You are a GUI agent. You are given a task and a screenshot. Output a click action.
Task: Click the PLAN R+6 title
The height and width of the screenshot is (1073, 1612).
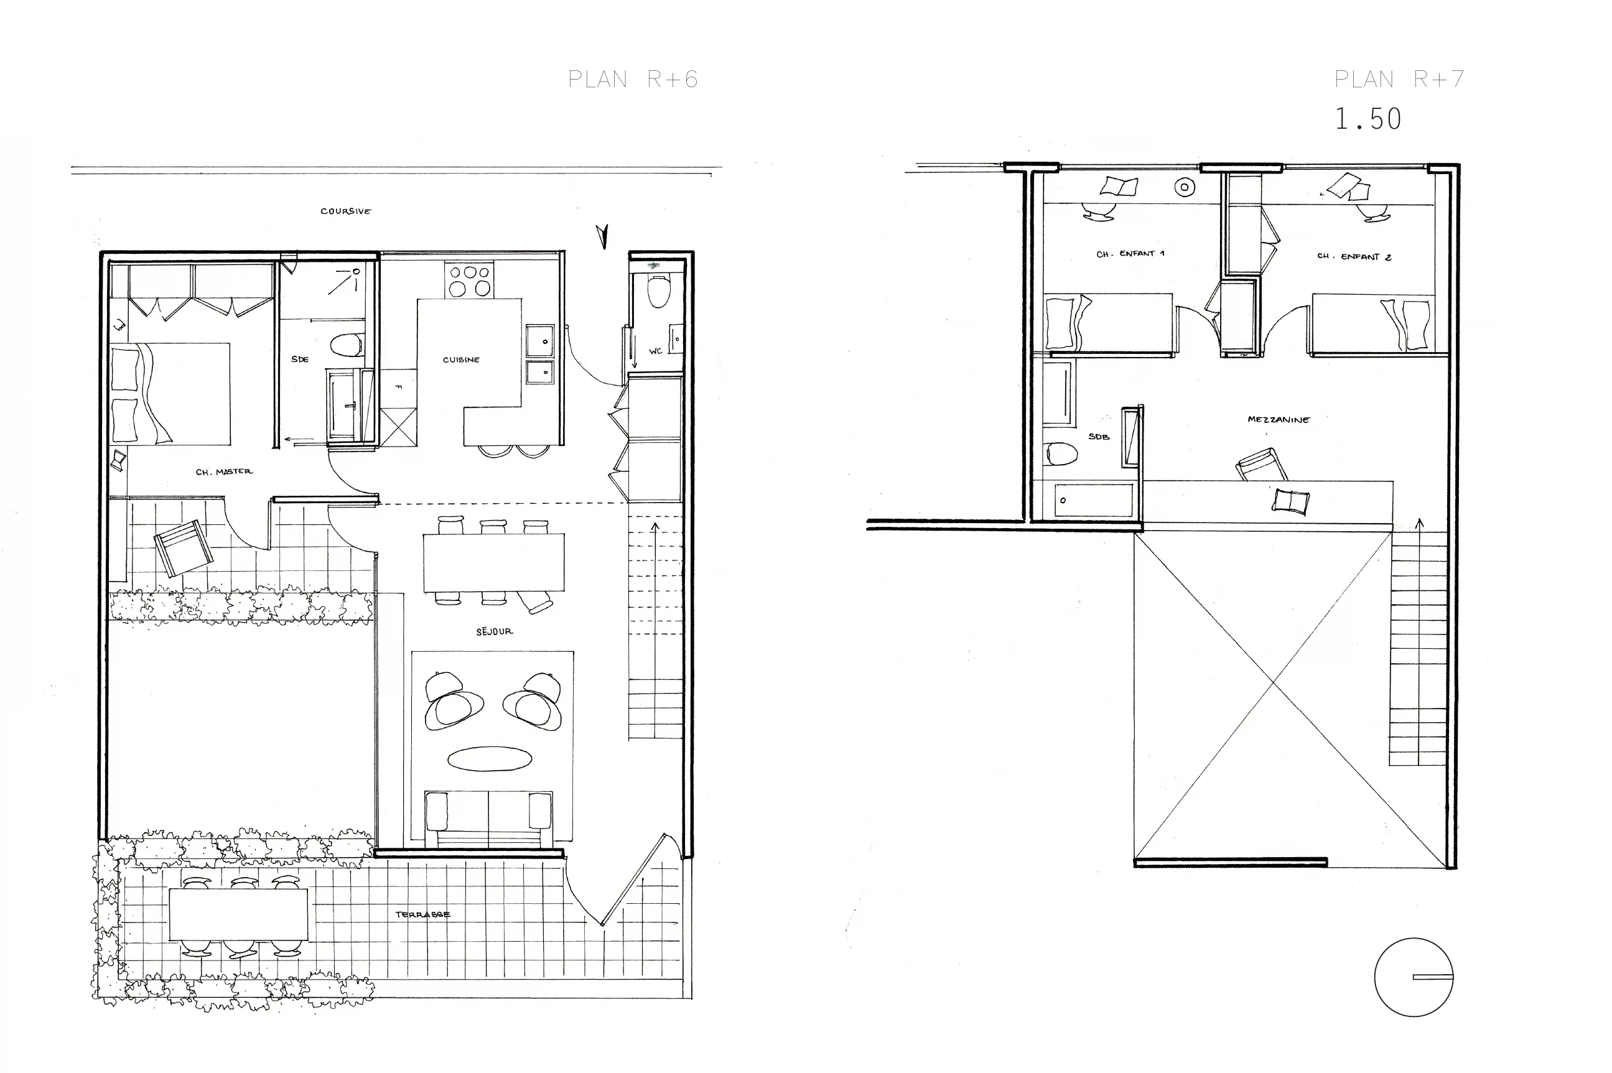(x=633, y=80)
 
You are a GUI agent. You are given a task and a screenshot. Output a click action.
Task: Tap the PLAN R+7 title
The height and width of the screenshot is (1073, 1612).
(x=1399, y=80)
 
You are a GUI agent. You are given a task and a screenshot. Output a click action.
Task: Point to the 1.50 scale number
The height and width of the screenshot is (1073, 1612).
(x=1367, y=119)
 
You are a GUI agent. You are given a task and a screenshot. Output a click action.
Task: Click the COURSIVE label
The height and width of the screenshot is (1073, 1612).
(x=346, y=211)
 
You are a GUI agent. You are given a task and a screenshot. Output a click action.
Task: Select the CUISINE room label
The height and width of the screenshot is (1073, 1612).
(x=462, y=360)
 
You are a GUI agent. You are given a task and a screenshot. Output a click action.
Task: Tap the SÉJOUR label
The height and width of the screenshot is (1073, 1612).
(x=494, y=631)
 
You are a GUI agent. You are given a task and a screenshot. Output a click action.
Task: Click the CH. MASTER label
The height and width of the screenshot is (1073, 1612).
(x=224, y=471)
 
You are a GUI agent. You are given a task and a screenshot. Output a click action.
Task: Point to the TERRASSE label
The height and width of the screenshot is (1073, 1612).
(x=422, y=914)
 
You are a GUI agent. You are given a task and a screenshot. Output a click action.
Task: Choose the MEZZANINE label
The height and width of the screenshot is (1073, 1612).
(x=1278, y=419)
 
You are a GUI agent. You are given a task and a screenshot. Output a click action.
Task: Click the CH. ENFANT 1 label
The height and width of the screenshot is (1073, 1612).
(x=1130, y=254)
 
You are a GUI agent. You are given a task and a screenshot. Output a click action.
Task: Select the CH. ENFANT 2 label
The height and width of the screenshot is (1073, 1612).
(x=1354, y=257)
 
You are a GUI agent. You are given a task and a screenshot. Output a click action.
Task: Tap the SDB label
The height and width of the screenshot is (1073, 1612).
(x=1099, y=437)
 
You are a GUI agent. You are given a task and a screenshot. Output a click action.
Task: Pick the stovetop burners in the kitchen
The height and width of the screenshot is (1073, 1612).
(x=470, y=280)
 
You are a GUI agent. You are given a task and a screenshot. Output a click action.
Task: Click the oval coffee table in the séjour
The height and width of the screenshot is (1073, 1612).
(x=490, y=758)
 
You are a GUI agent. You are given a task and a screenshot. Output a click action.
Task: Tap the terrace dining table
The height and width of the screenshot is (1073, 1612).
(x=238, y=914)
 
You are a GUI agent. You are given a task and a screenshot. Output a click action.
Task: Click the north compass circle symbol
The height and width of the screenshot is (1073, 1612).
(x=1414, y=977)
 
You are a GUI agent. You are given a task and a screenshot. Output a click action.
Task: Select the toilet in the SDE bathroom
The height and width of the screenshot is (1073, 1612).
(x=347, y=344)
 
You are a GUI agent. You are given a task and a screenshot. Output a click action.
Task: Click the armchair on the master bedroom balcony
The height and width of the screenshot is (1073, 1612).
(x=183, y=547)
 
